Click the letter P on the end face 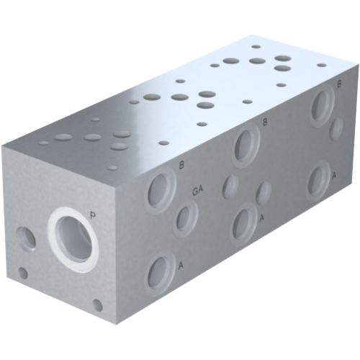pos(93,213)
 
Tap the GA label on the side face pos(198,191)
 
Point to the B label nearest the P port pos(181,166)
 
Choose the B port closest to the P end pos(158,192)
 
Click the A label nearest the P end pos(180,266)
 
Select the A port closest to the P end pos(158,274)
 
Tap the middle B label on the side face pos(265,122)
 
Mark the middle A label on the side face pos(262,217)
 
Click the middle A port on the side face pos(244,224)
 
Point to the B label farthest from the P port pos(338,84)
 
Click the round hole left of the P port pos(27,237)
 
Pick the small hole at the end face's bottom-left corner pos(23,273)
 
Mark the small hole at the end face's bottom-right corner pos(98,305)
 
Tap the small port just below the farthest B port pos(336,130)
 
